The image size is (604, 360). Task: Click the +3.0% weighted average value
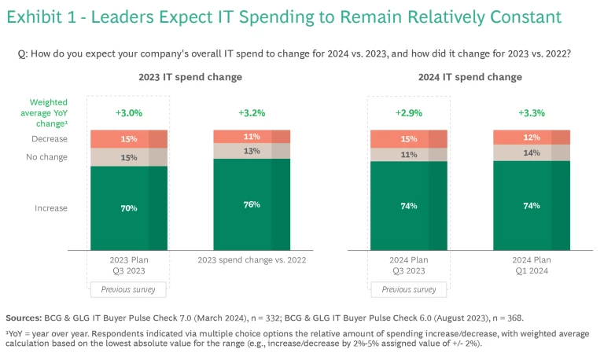pyautogui.click(x=129, y=113)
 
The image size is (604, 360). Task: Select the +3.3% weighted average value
pyautogui.click(x=532, y=113)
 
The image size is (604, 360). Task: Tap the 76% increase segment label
pyautogui.click(x=252, y=204)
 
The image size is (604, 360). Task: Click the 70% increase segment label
pyautogui.click(x=129, y=208)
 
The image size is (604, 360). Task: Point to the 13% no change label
pyautogui.click(x=252, y=151)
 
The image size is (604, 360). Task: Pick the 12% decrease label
pyautogui.click(x=532, y=137)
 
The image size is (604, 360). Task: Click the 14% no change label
pyautogui.click(x=532, y=152)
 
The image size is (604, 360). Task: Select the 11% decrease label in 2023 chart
pyautogui.click(x=252, y=136)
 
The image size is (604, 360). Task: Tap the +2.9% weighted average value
pyautogui.click(x=409, y=113)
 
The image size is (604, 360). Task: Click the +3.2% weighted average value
pyautogui.click(x=252, y=113)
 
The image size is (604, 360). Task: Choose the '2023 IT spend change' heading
pyautogui.click(x=190, y=77)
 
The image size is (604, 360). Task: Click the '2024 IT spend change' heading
pyautogui.click(x=470, y=77)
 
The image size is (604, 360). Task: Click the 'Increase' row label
pyautogui.click(x=51, y=208)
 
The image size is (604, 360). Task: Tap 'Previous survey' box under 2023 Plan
pyautogui.click(x=129, y=289)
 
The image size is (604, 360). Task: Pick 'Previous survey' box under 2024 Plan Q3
pyautogui.click(x=409, y=289)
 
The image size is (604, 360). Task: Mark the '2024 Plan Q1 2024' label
pyautogui.click(x=532, y=266)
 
